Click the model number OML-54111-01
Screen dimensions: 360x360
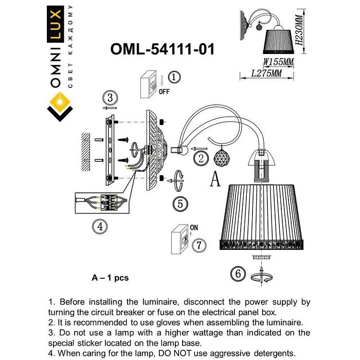pyautogui.click(x=162, y=49)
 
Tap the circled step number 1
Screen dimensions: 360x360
pyautogui.click(x=174, y=78)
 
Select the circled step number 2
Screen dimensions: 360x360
pyautogui.click(x=201, y=158)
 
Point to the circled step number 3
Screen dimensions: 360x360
pyautogui.click(x=110, y=97)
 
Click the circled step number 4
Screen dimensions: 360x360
pyautogui.click(x=101, y=225)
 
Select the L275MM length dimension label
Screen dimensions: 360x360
pyautogui.click(x=266, y=74)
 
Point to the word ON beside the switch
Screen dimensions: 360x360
pyautogui.click(x=194, y=227)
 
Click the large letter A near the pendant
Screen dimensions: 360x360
pyautogui.click(x=216, y=179)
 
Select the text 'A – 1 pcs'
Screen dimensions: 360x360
pyautogui.click(x=110, y=278)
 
